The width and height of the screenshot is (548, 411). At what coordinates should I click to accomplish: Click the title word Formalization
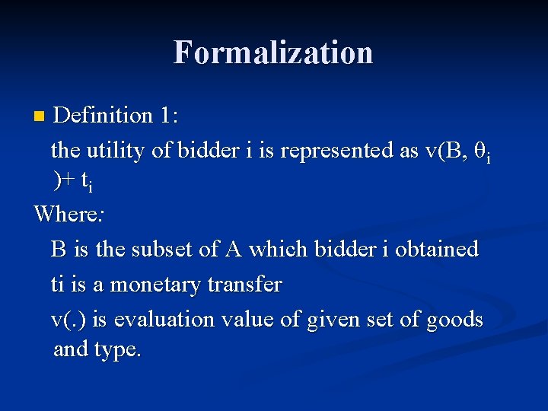point(273,53)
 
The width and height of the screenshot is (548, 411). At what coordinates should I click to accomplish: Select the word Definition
point(105,115)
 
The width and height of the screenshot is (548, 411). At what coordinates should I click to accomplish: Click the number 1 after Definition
point(167,115)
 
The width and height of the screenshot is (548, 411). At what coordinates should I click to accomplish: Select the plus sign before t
point(69,180)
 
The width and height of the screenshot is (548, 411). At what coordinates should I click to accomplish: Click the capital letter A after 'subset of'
point(232,249)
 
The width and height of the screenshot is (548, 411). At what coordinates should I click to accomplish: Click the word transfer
point(244,285)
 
